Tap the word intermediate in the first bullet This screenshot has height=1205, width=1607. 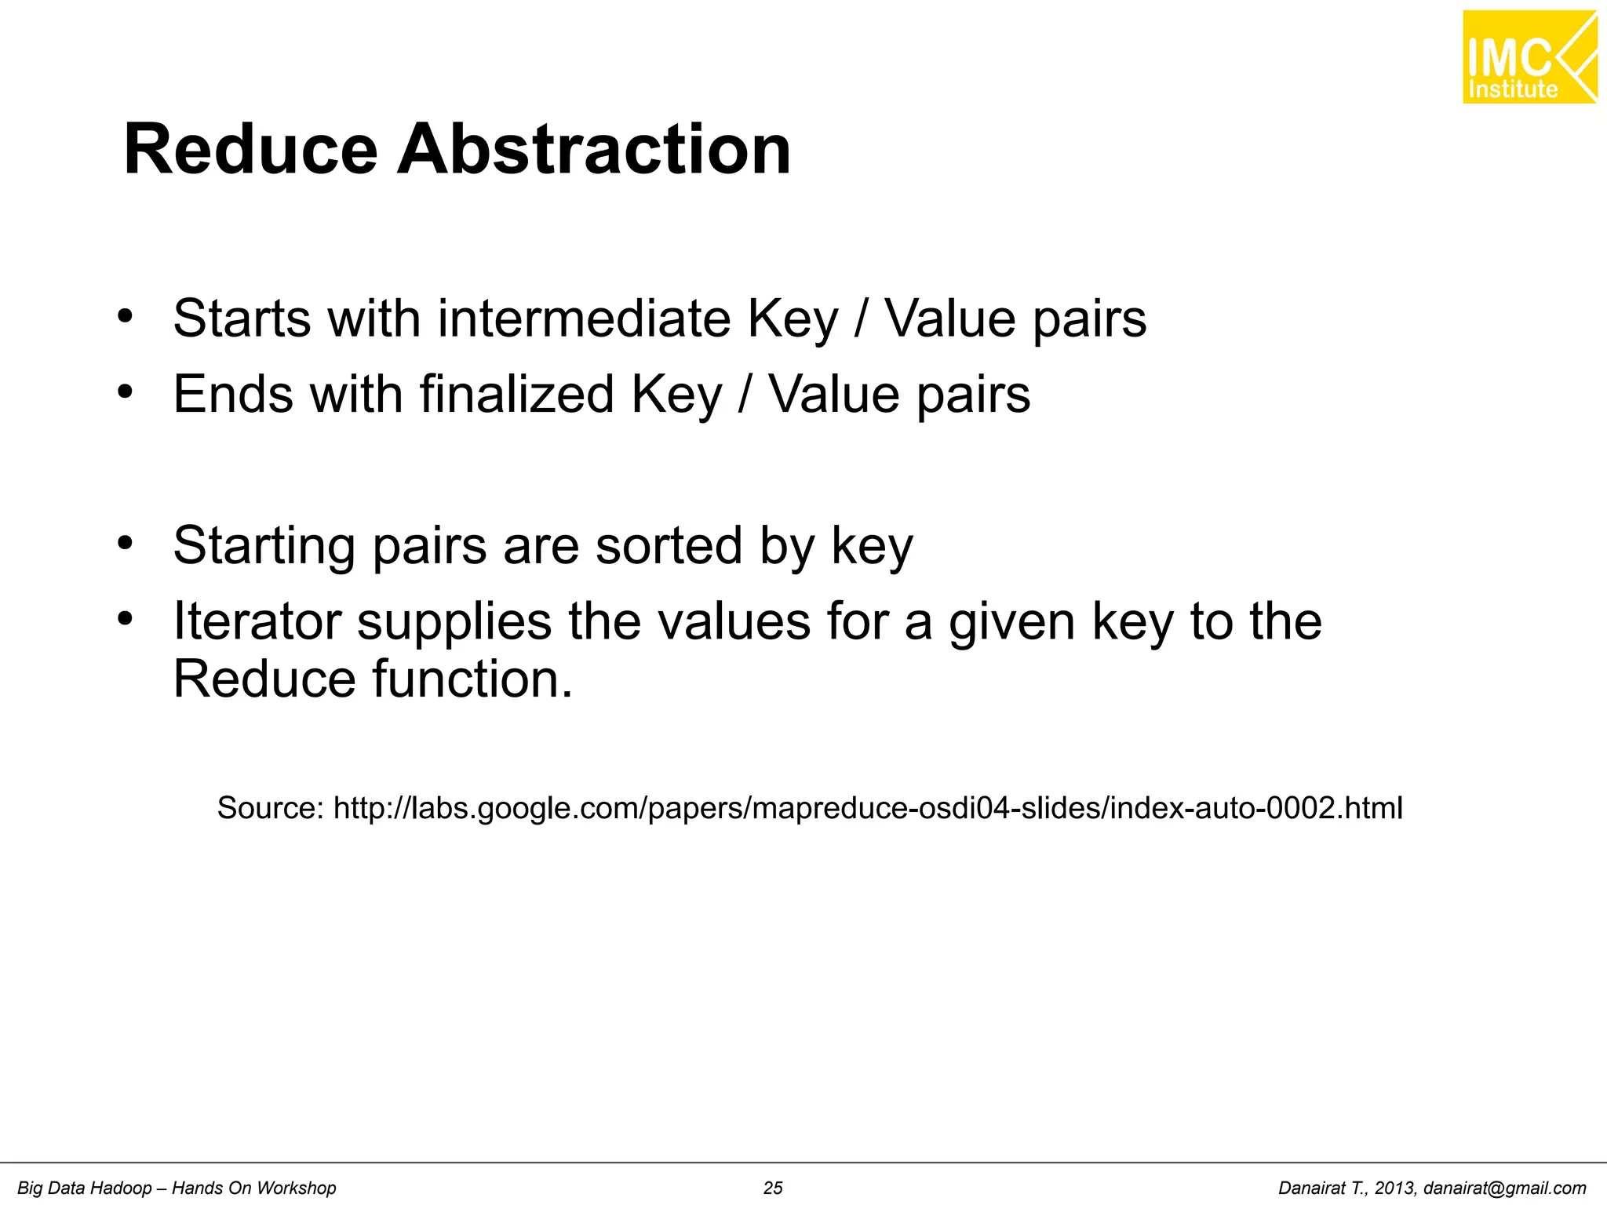click(x=584, y=319)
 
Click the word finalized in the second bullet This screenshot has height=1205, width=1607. click(x=516, y=394)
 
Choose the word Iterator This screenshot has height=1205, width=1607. click(x=257, y=621)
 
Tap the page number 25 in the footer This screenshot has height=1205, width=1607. click(x=773, y=1188)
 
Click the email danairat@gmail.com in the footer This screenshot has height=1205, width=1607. click(x=1504, y=1188)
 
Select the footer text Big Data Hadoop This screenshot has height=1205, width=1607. click(x=85, y=1188)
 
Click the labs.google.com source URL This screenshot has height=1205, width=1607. click(x=868, y=807)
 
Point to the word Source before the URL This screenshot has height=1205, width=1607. click(x=269, y=807)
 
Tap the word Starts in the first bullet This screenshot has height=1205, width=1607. click(x=242, y=319)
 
